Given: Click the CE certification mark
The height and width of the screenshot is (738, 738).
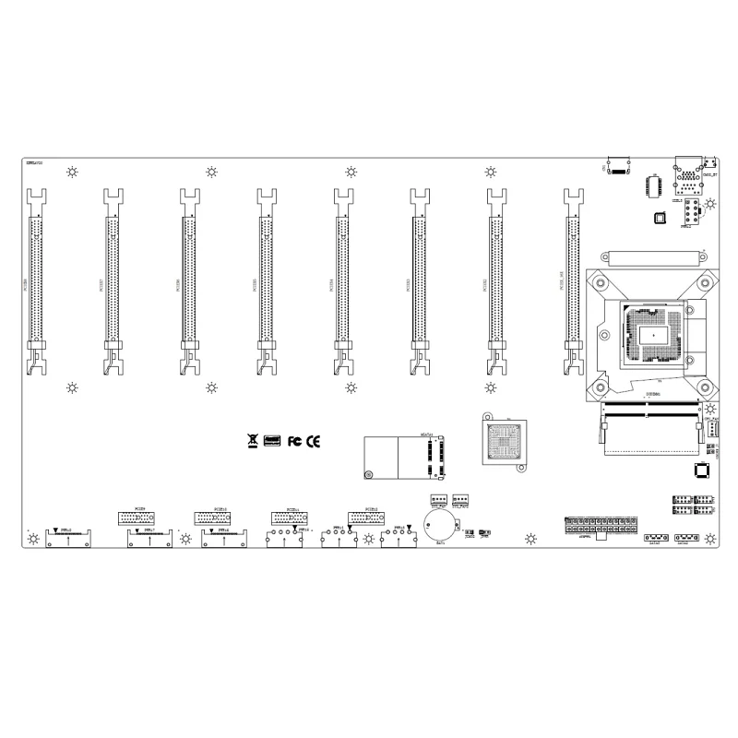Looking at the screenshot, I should pyautogui.click(x=314, y=441).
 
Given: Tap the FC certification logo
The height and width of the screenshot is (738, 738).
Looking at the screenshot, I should pyautogui.click(x=295, y=441).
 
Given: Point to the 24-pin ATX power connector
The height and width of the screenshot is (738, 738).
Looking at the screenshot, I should pyautogui.click(x=601, y=527).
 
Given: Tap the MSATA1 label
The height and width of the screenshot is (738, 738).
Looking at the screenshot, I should pyautogui.click(x=425, y=433).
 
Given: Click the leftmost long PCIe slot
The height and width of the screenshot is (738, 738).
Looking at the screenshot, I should pyautogui.click(x=37, y=277).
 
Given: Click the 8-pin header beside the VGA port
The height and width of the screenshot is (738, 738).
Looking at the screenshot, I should pyautogui.click(x=688, y=214).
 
